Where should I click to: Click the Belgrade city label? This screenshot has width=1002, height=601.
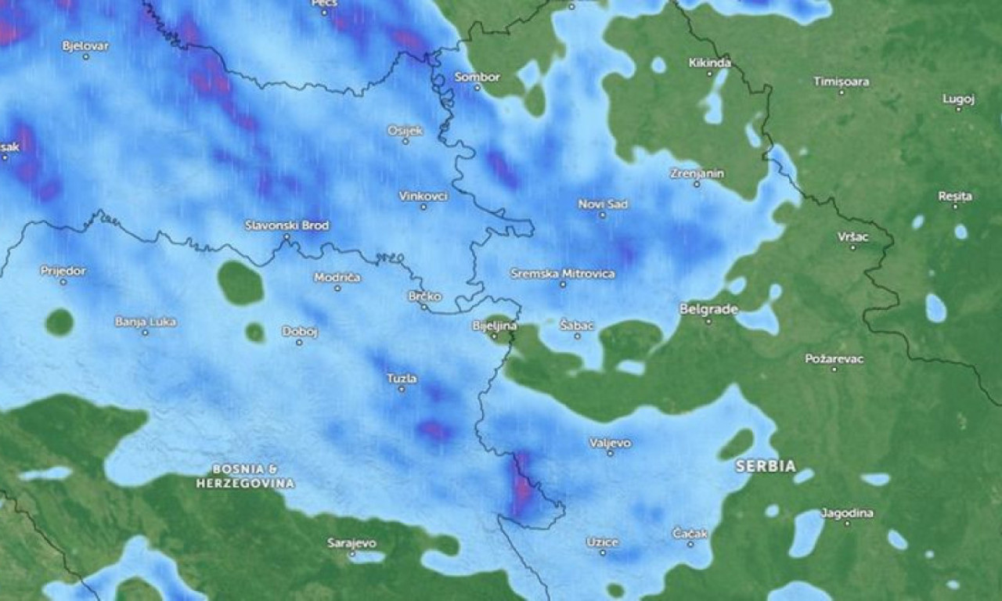pos(708,309)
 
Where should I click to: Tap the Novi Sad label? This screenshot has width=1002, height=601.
pos(603,204)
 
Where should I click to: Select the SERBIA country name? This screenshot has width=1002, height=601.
pos(765,466)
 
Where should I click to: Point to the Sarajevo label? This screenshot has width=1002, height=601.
pos(351,542)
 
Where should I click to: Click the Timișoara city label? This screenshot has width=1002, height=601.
pos(841,81)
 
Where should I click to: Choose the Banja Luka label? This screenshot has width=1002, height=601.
pos(145,322)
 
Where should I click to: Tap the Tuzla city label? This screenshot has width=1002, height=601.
pos(402,379)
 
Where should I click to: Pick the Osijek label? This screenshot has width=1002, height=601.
pos(405,130)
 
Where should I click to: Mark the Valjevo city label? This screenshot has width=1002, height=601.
pos(610,443)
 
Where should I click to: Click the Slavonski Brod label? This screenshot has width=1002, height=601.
pos(287,225)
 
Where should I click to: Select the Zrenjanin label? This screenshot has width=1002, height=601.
pos(697,173)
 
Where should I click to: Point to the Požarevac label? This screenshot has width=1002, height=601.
pos(834,358)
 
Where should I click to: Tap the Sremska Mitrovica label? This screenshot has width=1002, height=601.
pos(562,274)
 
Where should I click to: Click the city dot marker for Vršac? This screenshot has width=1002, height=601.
pos(853,248)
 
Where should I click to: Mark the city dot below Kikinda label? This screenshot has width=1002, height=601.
pos(710,74)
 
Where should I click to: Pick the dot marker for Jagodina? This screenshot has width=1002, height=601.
pos(846,523)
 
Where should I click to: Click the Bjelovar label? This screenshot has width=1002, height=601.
pos(85,46)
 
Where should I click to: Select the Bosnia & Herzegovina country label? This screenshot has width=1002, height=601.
pos(245,476)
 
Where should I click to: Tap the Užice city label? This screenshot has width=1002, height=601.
pos(602,542)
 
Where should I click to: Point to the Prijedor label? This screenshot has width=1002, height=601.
pos(63,271)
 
